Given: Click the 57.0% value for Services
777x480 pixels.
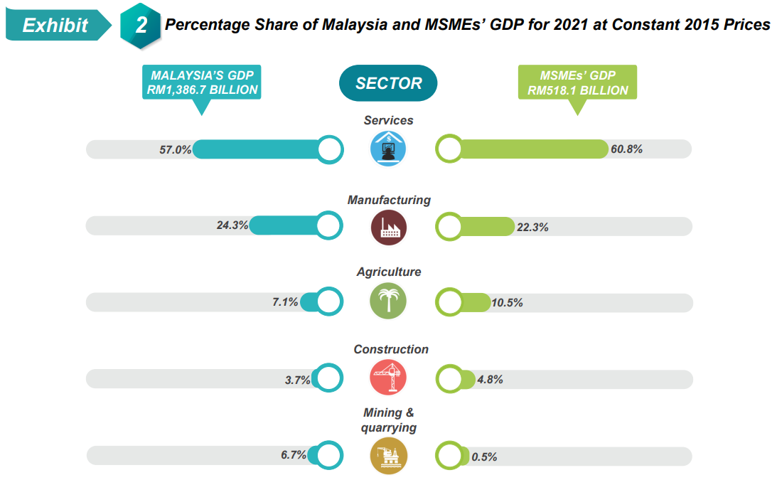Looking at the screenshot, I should [176, 150].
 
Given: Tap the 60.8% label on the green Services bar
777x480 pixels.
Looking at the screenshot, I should [626, 149].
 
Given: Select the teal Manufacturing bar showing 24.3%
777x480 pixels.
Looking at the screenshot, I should [284, 225].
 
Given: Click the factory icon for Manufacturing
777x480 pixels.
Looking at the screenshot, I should [388, 227].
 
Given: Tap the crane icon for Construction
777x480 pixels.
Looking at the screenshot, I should [388, 378].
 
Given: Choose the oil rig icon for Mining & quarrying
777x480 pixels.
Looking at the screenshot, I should [388, 455].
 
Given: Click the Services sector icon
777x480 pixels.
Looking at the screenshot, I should [388, 149].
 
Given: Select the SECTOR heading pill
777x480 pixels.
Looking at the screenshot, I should [388, 83].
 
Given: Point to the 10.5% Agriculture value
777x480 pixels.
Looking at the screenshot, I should [507, 303].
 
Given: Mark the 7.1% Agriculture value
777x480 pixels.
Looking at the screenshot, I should [285, 302].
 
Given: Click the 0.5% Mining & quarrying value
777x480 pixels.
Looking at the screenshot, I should [484, 457].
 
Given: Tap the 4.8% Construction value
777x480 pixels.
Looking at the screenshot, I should [491, 380].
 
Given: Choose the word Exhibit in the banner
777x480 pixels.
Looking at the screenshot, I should [55, 26].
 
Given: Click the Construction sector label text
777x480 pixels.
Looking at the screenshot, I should [391, 349].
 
